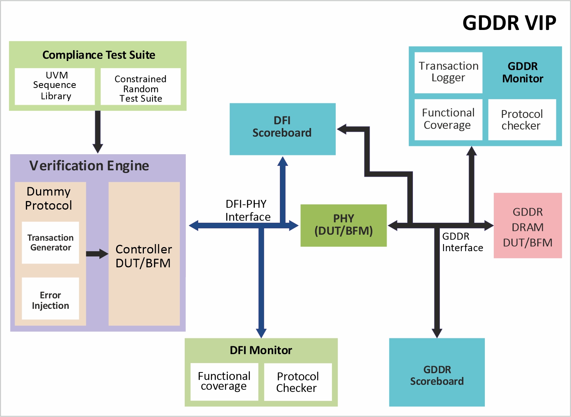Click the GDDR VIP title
509,23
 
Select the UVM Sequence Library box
55,86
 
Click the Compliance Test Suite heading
99,55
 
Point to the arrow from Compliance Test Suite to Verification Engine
98,131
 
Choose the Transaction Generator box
51,243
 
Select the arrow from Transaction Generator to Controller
97,254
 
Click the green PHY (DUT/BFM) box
344,225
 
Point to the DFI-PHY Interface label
247,210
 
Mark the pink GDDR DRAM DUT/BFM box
528,226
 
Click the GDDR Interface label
462,242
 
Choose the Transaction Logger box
448,72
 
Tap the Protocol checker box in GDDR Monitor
522,120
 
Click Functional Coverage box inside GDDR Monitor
448,119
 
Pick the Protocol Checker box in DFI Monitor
297,382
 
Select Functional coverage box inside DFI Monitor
224,381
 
